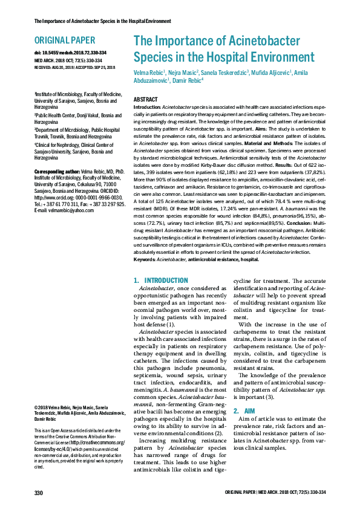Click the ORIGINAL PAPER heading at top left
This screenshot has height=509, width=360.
coord(65,41)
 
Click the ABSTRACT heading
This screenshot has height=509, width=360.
coord(146,99)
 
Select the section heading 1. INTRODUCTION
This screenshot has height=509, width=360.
coord(160,280)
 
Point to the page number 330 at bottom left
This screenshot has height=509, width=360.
coord(39,493)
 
